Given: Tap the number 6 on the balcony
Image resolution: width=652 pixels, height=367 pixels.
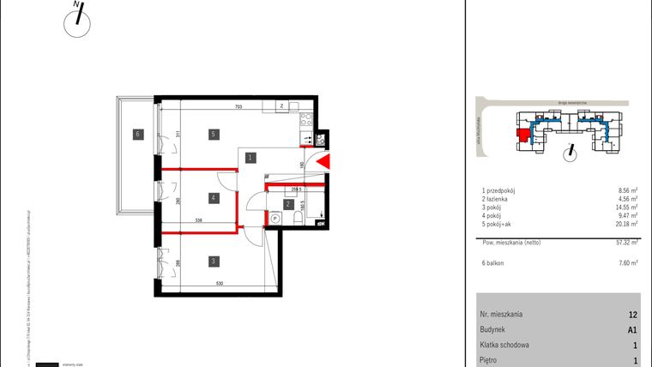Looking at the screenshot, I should tap(136, 133).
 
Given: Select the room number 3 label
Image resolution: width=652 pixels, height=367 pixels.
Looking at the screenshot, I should tap(211, 262).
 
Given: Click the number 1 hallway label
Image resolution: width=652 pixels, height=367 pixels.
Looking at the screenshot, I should tap(249, 158).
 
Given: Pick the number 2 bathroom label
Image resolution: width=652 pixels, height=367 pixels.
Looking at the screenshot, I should tap(288, 204).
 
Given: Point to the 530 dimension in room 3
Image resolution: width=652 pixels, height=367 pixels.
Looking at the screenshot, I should tap(220, 285).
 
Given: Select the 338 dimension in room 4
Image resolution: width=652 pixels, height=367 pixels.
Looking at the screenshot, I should tap(198, 220).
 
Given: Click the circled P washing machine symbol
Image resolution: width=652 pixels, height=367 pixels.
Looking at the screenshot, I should tap(275, 219).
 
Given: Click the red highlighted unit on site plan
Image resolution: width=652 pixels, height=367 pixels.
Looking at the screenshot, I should tap(520, 134).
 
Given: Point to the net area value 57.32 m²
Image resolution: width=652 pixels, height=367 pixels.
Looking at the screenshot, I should tap(628, 243).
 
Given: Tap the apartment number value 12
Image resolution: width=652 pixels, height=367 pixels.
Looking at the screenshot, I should tap(632, 315).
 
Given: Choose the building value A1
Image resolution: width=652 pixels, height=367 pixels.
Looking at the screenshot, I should tap(632, 329).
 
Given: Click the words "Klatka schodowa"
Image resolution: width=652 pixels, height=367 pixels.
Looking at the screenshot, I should tap(506, 345).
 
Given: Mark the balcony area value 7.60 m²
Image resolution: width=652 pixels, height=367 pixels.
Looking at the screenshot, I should tap(629, 263).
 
